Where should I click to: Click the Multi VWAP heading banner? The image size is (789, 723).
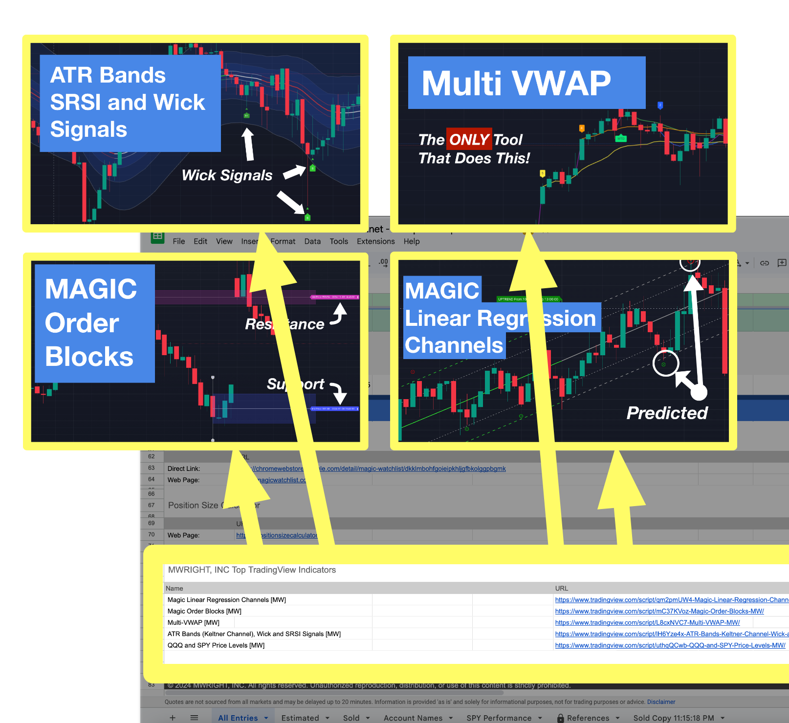coord(526,83)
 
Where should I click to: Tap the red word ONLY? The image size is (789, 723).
coord(469,140)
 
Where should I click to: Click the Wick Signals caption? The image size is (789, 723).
coord(227,175)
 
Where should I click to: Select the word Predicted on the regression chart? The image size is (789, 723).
coord(667,413)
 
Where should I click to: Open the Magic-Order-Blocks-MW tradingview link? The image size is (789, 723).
coord(659,611)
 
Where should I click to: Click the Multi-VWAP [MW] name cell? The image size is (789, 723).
coord(194,622)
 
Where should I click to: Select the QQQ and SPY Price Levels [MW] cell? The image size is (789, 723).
coord(216,645)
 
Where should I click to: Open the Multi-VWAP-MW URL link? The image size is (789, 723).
coord(647,622)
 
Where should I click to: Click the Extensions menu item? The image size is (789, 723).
coord(375,241)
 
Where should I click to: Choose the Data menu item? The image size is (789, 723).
coord(312,241)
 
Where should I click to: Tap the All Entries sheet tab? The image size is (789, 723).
coord(238,718)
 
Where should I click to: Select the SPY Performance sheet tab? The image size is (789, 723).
coord(499,718)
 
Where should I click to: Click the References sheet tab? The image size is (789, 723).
coord(588,718)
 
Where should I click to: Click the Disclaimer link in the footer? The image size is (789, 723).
coord(661,702)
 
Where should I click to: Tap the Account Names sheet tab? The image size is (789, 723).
coord(413,718)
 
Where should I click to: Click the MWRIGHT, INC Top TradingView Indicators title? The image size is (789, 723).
coord(252,570)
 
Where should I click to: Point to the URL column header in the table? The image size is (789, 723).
coord(562,589)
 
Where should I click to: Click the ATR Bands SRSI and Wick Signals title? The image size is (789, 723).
coord(128,103)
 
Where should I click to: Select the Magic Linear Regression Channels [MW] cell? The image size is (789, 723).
coord(227,600)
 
